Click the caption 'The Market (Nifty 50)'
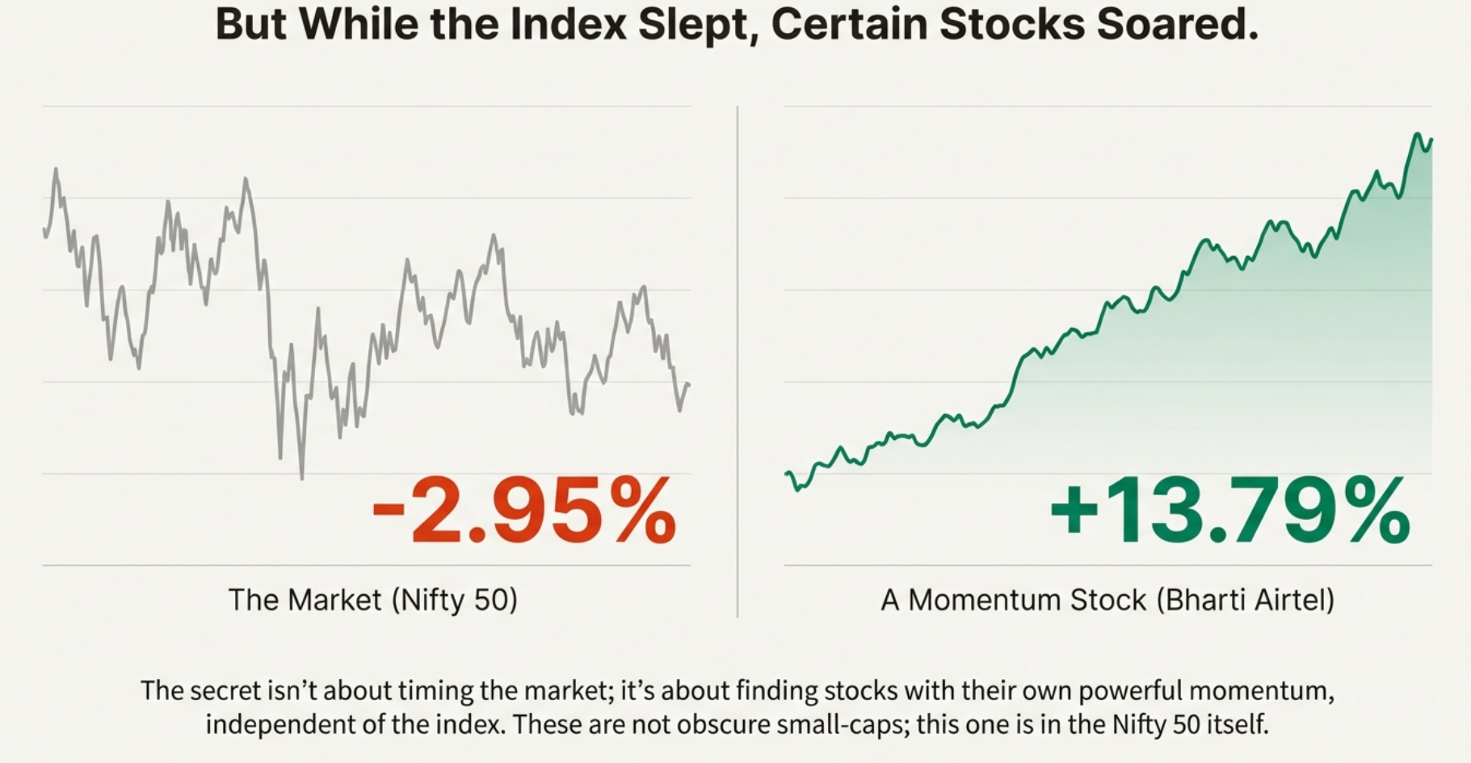click(372, 600)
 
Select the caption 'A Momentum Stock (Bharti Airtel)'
click(1107, 600)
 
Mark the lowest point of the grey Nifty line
click(302, 478)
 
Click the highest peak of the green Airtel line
click(1418, 134)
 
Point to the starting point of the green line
click(788, 473)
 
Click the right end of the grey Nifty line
click(688, 384)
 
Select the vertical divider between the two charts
click(738, 363)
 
